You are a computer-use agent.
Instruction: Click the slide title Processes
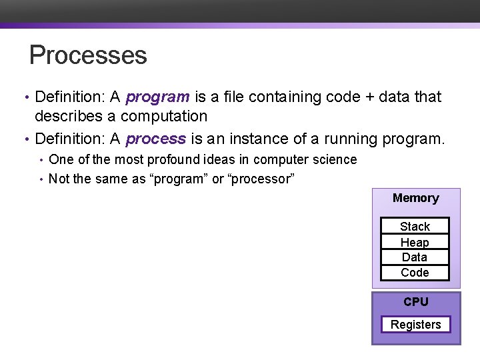coord(88,55)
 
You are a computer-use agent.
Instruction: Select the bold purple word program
coord(157,97)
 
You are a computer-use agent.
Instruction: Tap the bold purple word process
coord(155,139)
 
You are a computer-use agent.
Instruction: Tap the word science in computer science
coord(335,160)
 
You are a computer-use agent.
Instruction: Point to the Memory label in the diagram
coord(415,198)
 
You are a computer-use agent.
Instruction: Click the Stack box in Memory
coord(415,227)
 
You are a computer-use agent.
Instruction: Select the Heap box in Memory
coord(415,243)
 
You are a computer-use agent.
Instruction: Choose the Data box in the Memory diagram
coord(415,257)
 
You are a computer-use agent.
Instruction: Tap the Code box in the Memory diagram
coord(415,273)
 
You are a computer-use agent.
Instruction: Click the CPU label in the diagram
coord(415,302)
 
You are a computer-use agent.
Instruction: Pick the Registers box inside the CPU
coord(415,325)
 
